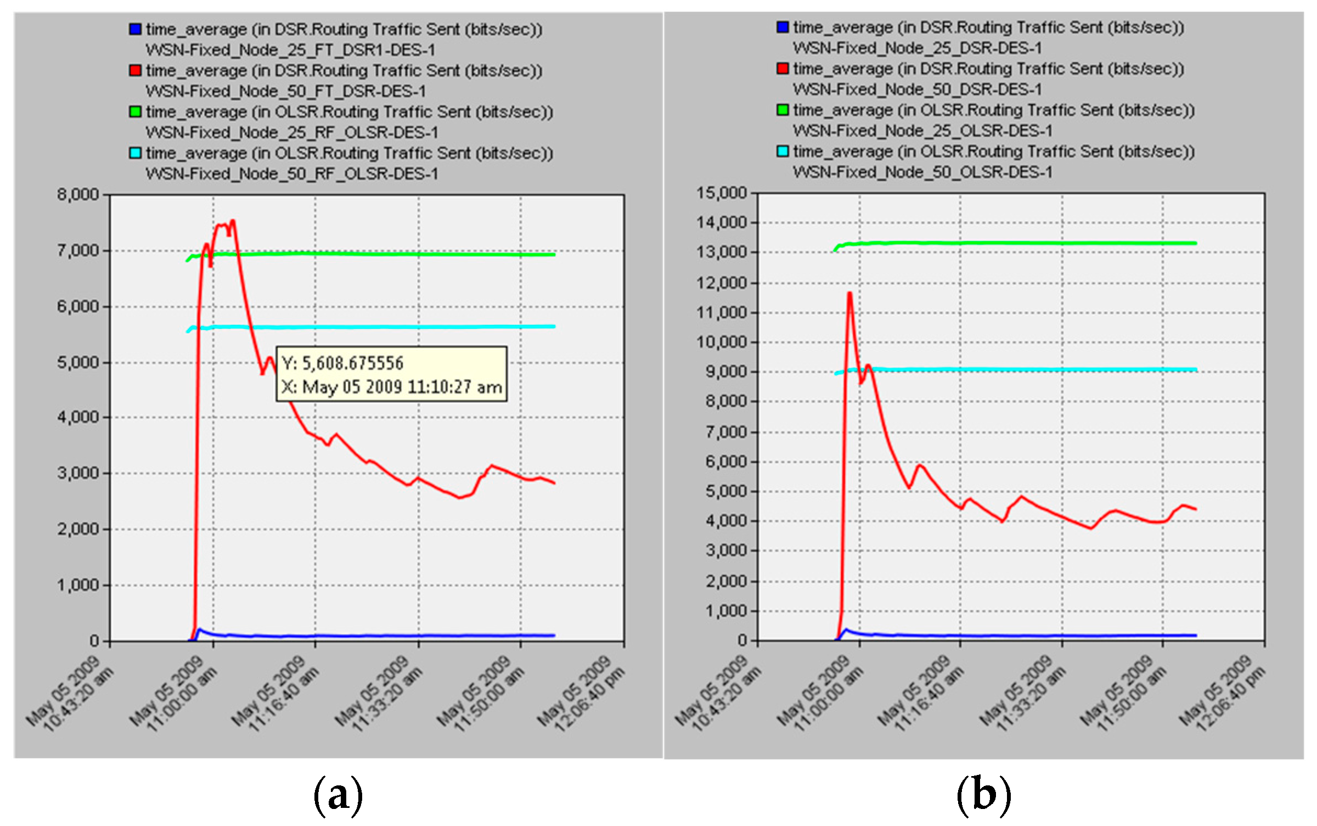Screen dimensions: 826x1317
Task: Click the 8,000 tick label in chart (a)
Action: (x=77, y=194)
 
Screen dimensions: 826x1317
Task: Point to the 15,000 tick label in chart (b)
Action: (x=722, y=193)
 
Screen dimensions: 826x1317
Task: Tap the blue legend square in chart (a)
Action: (x=135, y=29)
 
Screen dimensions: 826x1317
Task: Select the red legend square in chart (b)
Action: (x=783, y=69)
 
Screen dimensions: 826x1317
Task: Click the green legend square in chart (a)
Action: (x=135, y=111)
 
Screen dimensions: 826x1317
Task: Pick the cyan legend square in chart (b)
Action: (x=783, y=151)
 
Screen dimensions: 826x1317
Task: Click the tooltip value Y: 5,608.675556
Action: (x=342, y=363)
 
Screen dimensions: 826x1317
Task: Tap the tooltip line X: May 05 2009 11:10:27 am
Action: (x=391, y=387)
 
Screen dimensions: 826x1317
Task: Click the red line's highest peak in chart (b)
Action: (x=849, y=293)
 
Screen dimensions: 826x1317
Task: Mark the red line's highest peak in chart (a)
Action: (x=233, y=221)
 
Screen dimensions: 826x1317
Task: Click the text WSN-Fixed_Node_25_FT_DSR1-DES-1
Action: (x=290, y=50)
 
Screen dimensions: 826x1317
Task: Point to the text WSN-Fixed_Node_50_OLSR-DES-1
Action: (x=922, y=172)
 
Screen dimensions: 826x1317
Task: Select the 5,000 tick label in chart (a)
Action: (x=77, y=363)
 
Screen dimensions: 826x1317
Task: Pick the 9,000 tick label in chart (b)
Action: (x=726, y=372)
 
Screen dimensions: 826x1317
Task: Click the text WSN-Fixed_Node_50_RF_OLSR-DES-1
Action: (x=292, y=174)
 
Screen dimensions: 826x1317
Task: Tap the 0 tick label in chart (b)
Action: (x=742, y=640)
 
